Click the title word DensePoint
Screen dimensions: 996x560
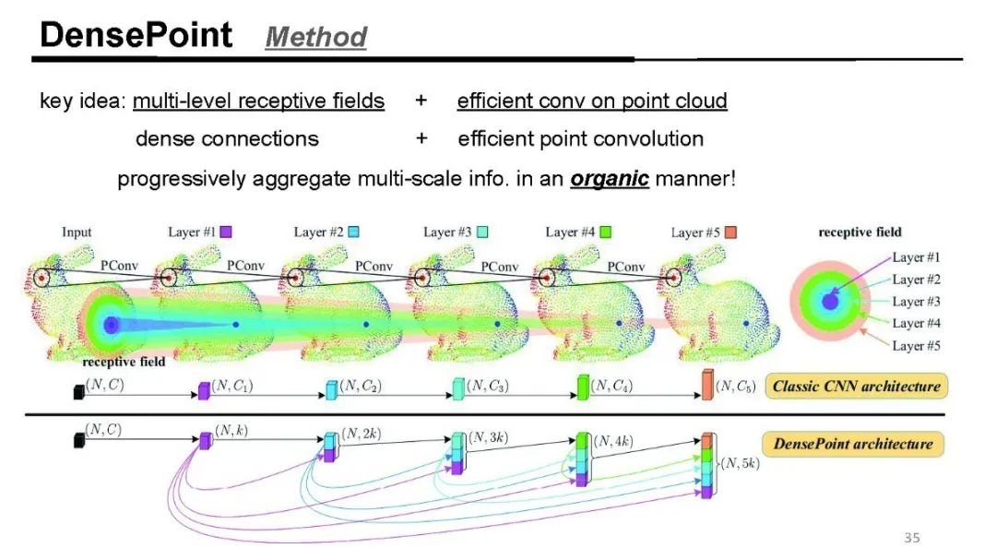[136, 35]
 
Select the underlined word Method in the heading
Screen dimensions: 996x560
[315, 37]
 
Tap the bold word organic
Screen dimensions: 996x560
[610, 179]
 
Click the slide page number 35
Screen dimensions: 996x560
[911, 537]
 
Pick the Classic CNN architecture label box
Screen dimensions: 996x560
[857, 386]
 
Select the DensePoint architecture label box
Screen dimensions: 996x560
[853, 444]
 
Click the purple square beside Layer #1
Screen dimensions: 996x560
[226, 232]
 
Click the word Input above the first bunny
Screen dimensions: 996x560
[77, 232]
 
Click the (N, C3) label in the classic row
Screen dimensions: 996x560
[489, 385]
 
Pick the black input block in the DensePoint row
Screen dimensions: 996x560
[77, 440]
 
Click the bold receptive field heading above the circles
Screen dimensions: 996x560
[860, 232]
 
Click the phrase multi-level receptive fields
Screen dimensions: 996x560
[258, 101]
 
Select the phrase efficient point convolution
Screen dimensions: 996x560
[580, 139]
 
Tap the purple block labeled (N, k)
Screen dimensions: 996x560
[205, 441]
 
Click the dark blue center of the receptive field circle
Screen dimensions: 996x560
[829, 302]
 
